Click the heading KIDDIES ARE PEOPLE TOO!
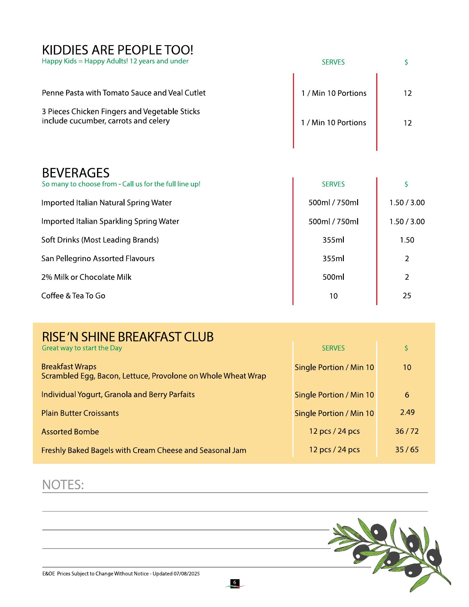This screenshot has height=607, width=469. pos(117,50)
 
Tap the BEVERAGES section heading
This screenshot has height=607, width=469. pos(76,173)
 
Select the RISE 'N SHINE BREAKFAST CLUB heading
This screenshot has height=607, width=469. pos(128,337)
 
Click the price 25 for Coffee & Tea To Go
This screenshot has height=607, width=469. pos(407,296)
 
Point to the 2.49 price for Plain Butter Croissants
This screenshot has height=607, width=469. pos(407,412)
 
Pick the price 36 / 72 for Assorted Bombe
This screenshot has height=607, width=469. pos(407,431)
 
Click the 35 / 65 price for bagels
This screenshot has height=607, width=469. pos(407,450)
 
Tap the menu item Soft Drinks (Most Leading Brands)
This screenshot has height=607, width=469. pos(100,240)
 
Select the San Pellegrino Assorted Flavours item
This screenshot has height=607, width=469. pos(98,259)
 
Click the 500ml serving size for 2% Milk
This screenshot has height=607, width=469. pos(333,277)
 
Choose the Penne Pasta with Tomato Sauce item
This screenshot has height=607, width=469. pos(124,93)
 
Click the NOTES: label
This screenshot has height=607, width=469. pos(63,485)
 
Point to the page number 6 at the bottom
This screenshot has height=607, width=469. pos(234,582)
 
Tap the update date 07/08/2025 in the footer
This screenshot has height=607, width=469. pos(186,573)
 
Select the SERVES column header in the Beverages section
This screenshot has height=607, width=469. pos(333,184)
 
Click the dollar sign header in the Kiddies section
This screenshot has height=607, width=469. pos(406,62)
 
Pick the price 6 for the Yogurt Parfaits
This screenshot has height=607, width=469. pos(407,395)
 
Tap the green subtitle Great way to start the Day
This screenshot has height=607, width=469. pos(82,348)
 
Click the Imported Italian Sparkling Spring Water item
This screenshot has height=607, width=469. pos(110,221)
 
